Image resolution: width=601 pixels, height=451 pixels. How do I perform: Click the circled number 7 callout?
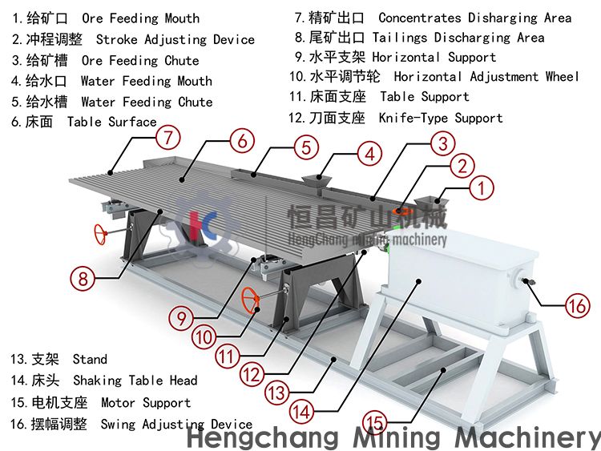tap(168, 137)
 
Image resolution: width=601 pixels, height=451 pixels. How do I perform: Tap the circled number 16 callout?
tap(578, 306)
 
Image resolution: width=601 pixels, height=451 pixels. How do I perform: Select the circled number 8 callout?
tap(83, 278)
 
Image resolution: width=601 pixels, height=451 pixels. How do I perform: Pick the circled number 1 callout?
tap(482, 187)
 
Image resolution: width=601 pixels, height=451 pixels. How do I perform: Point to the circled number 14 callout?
tap(301, 412)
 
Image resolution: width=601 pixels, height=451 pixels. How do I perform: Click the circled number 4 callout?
tap(370, 154)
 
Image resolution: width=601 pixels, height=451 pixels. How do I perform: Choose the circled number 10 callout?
tap(204, 337)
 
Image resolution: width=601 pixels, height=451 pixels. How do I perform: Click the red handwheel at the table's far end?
tap(101, 234)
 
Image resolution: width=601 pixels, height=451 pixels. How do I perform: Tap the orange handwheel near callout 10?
tap(250, 300)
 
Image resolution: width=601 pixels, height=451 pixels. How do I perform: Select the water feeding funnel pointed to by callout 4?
tap(317, 180)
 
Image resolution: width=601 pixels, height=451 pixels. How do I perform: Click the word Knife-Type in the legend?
tap(413, 118)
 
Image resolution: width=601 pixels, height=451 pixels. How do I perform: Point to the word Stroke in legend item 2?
tap(116, 39)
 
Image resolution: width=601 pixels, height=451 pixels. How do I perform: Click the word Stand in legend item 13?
tap(90, 359)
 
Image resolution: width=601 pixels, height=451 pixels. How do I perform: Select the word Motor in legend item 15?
tap(118, 402)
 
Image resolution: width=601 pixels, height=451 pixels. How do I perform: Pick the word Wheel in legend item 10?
tap(563, 76)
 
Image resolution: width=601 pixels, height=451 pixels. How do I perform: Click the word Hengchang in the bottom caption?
tap(263, 437)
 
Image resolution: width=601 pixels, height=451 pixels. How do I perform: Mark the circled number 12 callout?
tap(252, 374)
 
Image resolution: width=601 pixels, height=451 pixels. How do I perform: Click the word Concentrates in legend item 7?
tap(420, 18)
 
